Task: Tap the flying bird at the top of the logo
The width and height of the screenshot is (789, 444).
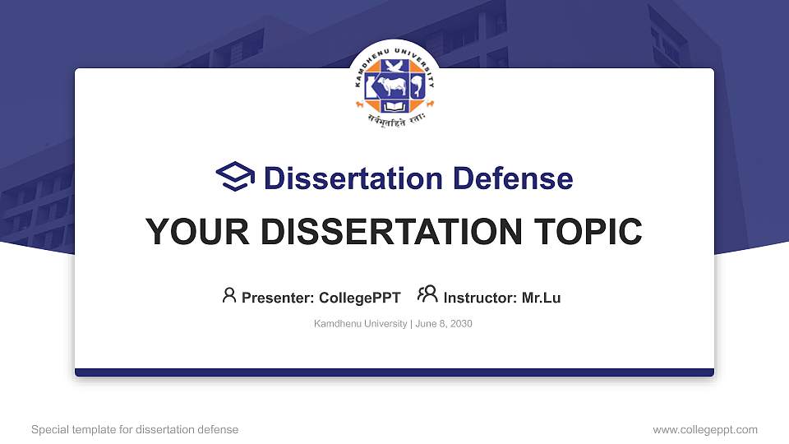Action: [394, 66]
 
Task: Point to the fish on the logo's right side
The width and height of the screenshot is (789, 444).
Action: [416, 86]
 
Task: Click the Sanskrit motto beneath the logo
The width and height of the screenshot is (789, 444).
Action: [394, 124]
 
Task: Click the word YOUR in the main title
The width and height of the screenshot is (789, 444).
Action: [185, 233]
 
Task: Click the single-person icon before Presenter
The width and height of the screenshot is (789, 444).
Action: [229, 295]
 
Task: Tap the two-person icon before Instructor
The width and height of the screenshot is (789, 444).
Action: [427, 295]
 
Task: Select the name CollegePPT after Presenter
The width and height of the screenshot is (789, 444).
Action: [360, 298]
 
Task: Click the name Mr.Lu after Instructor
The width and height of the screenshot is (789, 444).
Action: [541, 298]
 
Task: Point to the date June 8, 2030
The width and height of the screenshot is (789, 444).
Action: [444, 324]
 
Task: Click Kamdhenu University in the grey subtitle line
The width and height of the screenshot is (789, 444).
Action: [359, 324]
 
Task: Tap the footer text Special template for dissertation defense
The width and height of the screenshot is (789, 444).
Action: [135, 429]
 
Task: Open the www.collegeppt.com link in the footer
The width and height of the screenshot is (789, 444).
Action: [705, 429]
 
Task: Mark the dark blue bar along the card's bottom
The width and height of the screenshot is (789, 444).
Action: [394, 372]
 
